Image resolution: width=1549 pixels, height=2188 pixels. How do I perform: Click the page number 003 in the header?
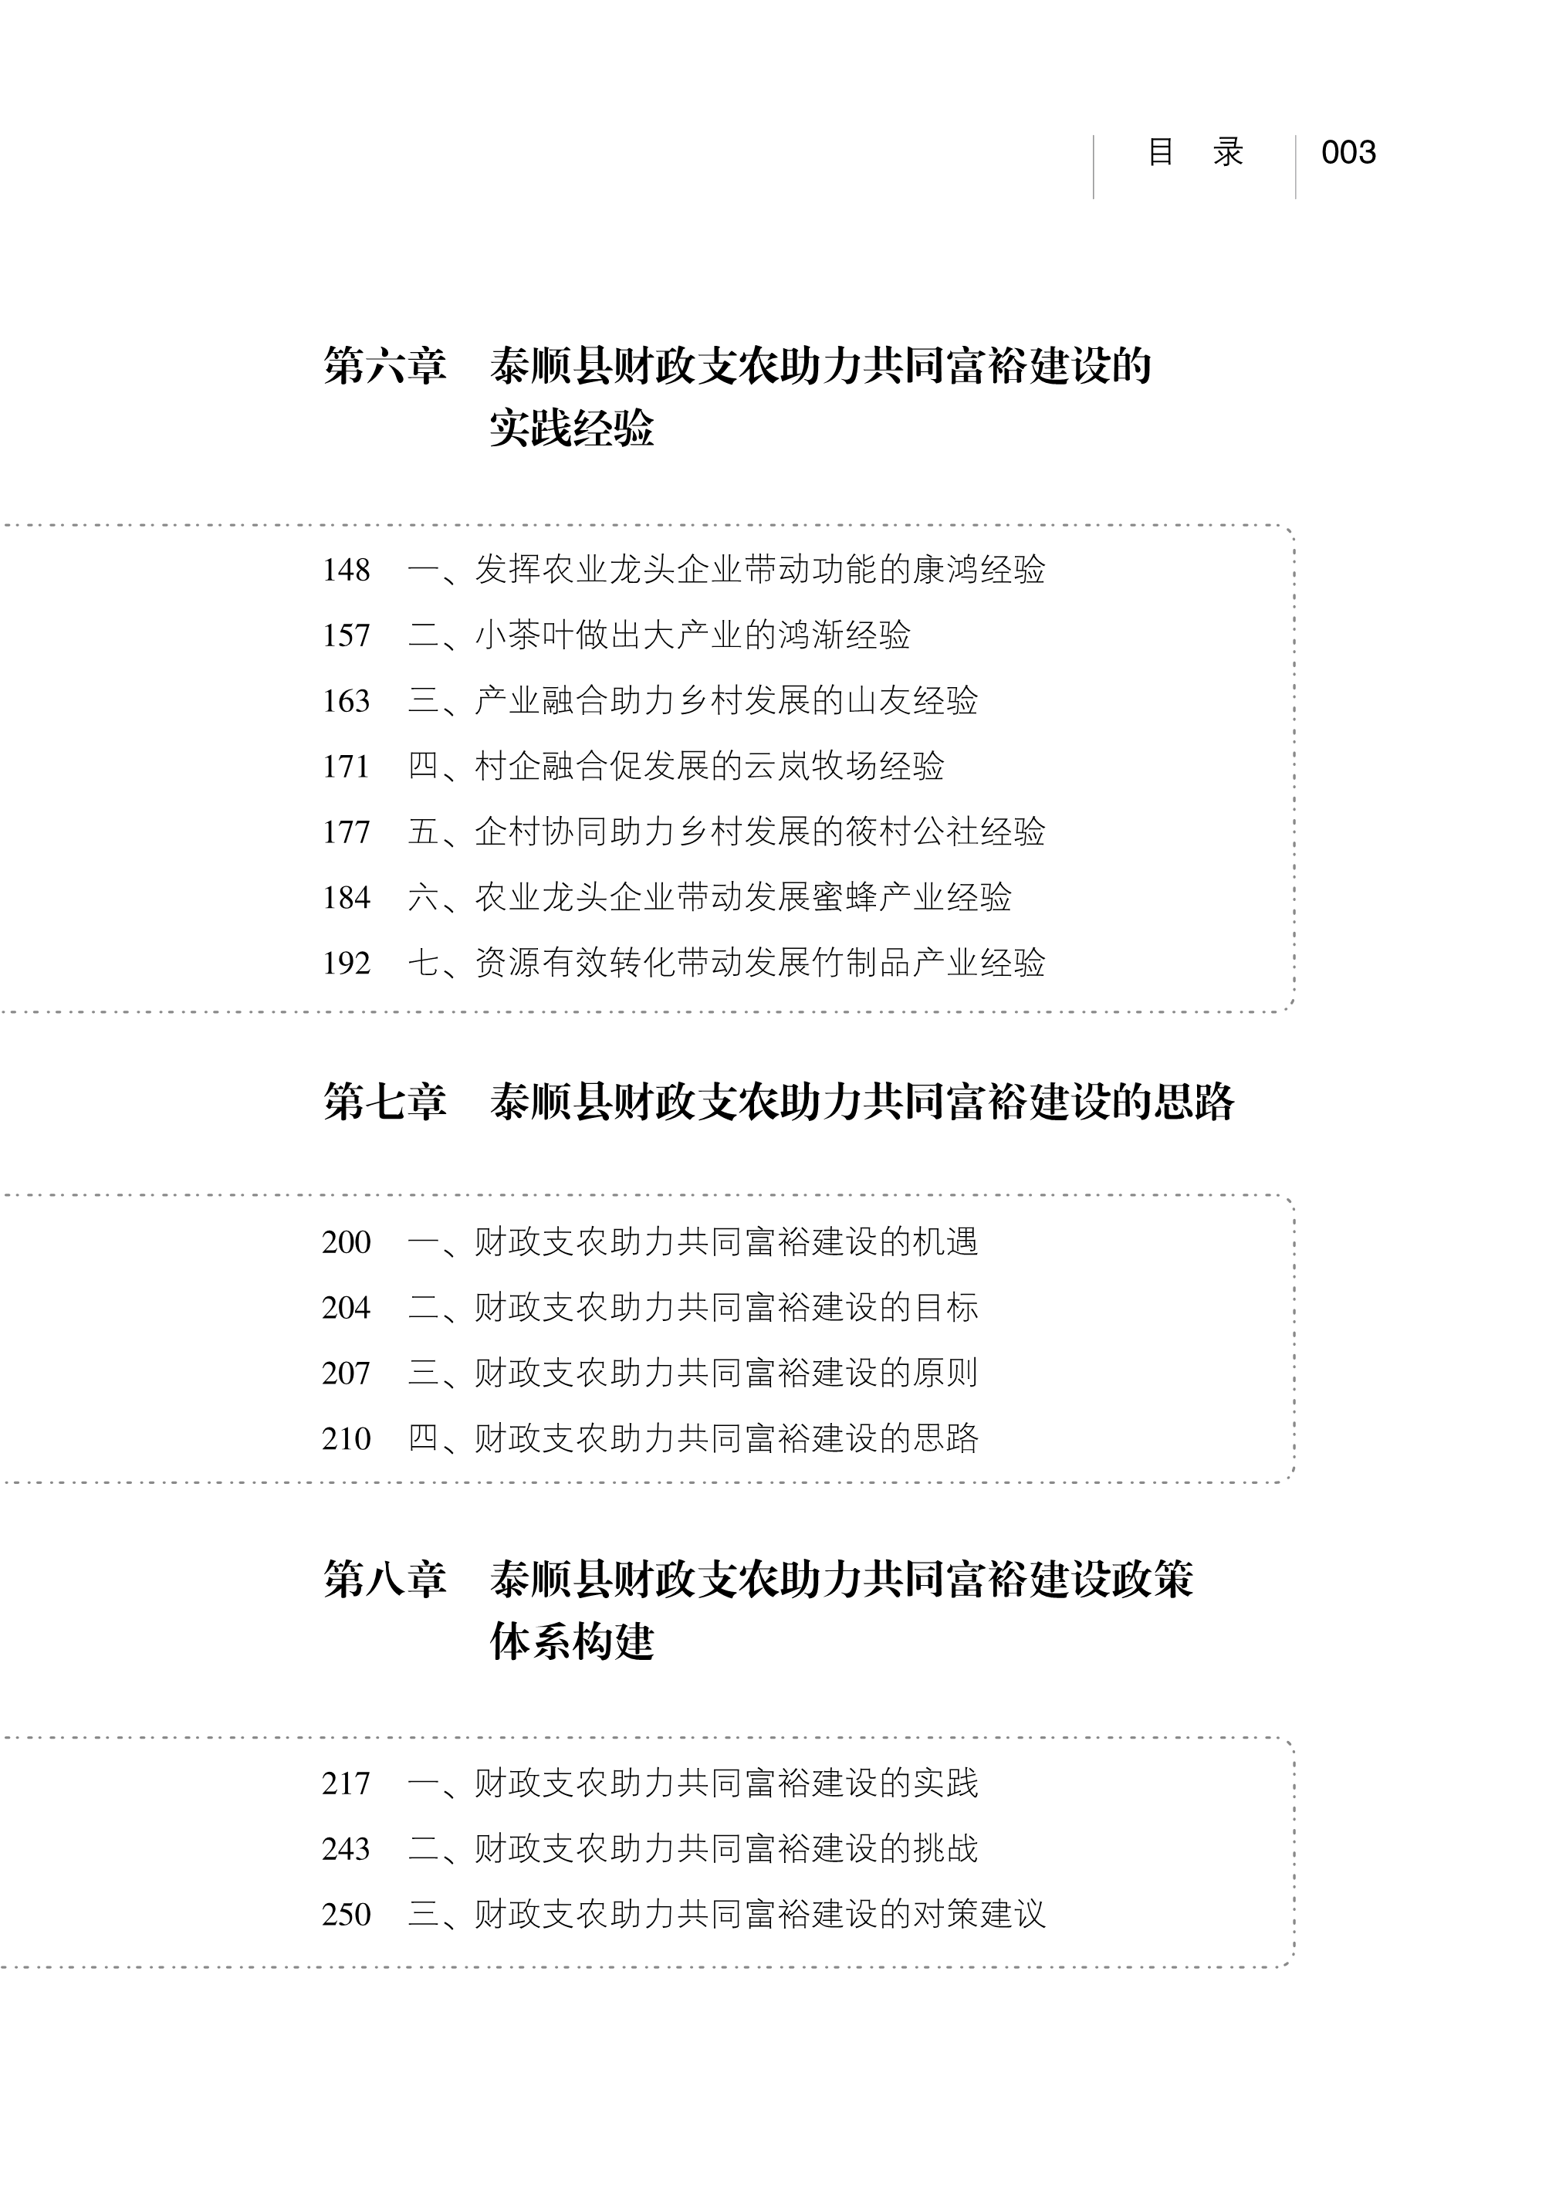click(1348, 153)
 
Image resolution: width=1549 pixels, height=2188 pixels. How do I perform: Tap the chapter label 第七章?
click(384, 1101)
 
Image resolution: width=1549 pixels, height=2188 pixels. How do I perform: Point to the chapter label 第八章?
click(384, 1579)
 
